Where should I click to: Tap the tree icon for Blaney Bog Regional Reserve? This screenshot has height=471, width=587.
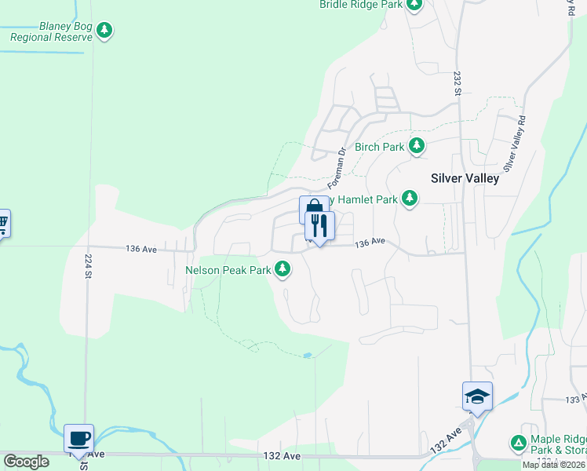tap(104, 31)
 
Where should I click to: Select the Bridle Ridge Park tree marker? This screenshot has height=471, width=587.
tap(414, 5)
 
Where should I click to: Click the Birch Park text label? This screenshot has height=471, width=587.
tap(379, 147)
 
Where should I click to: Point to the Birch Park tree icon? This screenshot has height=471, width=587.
tap(417, 146)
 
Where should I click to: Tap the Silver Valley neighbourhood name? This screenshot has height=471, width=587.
tap(465, 178)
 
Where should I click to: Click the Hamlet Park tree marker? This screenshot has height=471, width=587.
tap(409, 199)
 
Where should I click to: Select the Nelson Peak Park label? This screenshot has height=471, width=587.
tap(228, 270)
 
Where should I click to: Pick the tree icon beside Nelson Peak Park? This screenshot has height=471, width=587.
tap(283, 270)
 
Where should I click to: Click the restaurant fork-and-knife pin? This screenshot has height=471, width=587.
tap(319, 226)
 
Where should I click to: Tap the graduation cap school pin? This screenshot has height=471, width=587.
tap(476, 396)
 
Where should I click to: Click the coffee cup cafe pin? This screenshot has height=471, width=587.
tap(78, 437)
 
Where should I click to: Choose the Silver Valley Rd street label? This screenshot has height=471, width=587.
tap(514, 144)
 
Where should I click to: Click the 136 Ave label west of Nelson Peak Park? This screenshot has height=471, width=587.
tap(141, 248)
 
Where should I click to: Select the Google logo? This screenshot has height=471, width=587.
tap(26, 462)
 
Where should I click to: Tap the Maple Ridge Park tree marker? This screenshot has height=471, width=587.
tap(518, 444)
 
